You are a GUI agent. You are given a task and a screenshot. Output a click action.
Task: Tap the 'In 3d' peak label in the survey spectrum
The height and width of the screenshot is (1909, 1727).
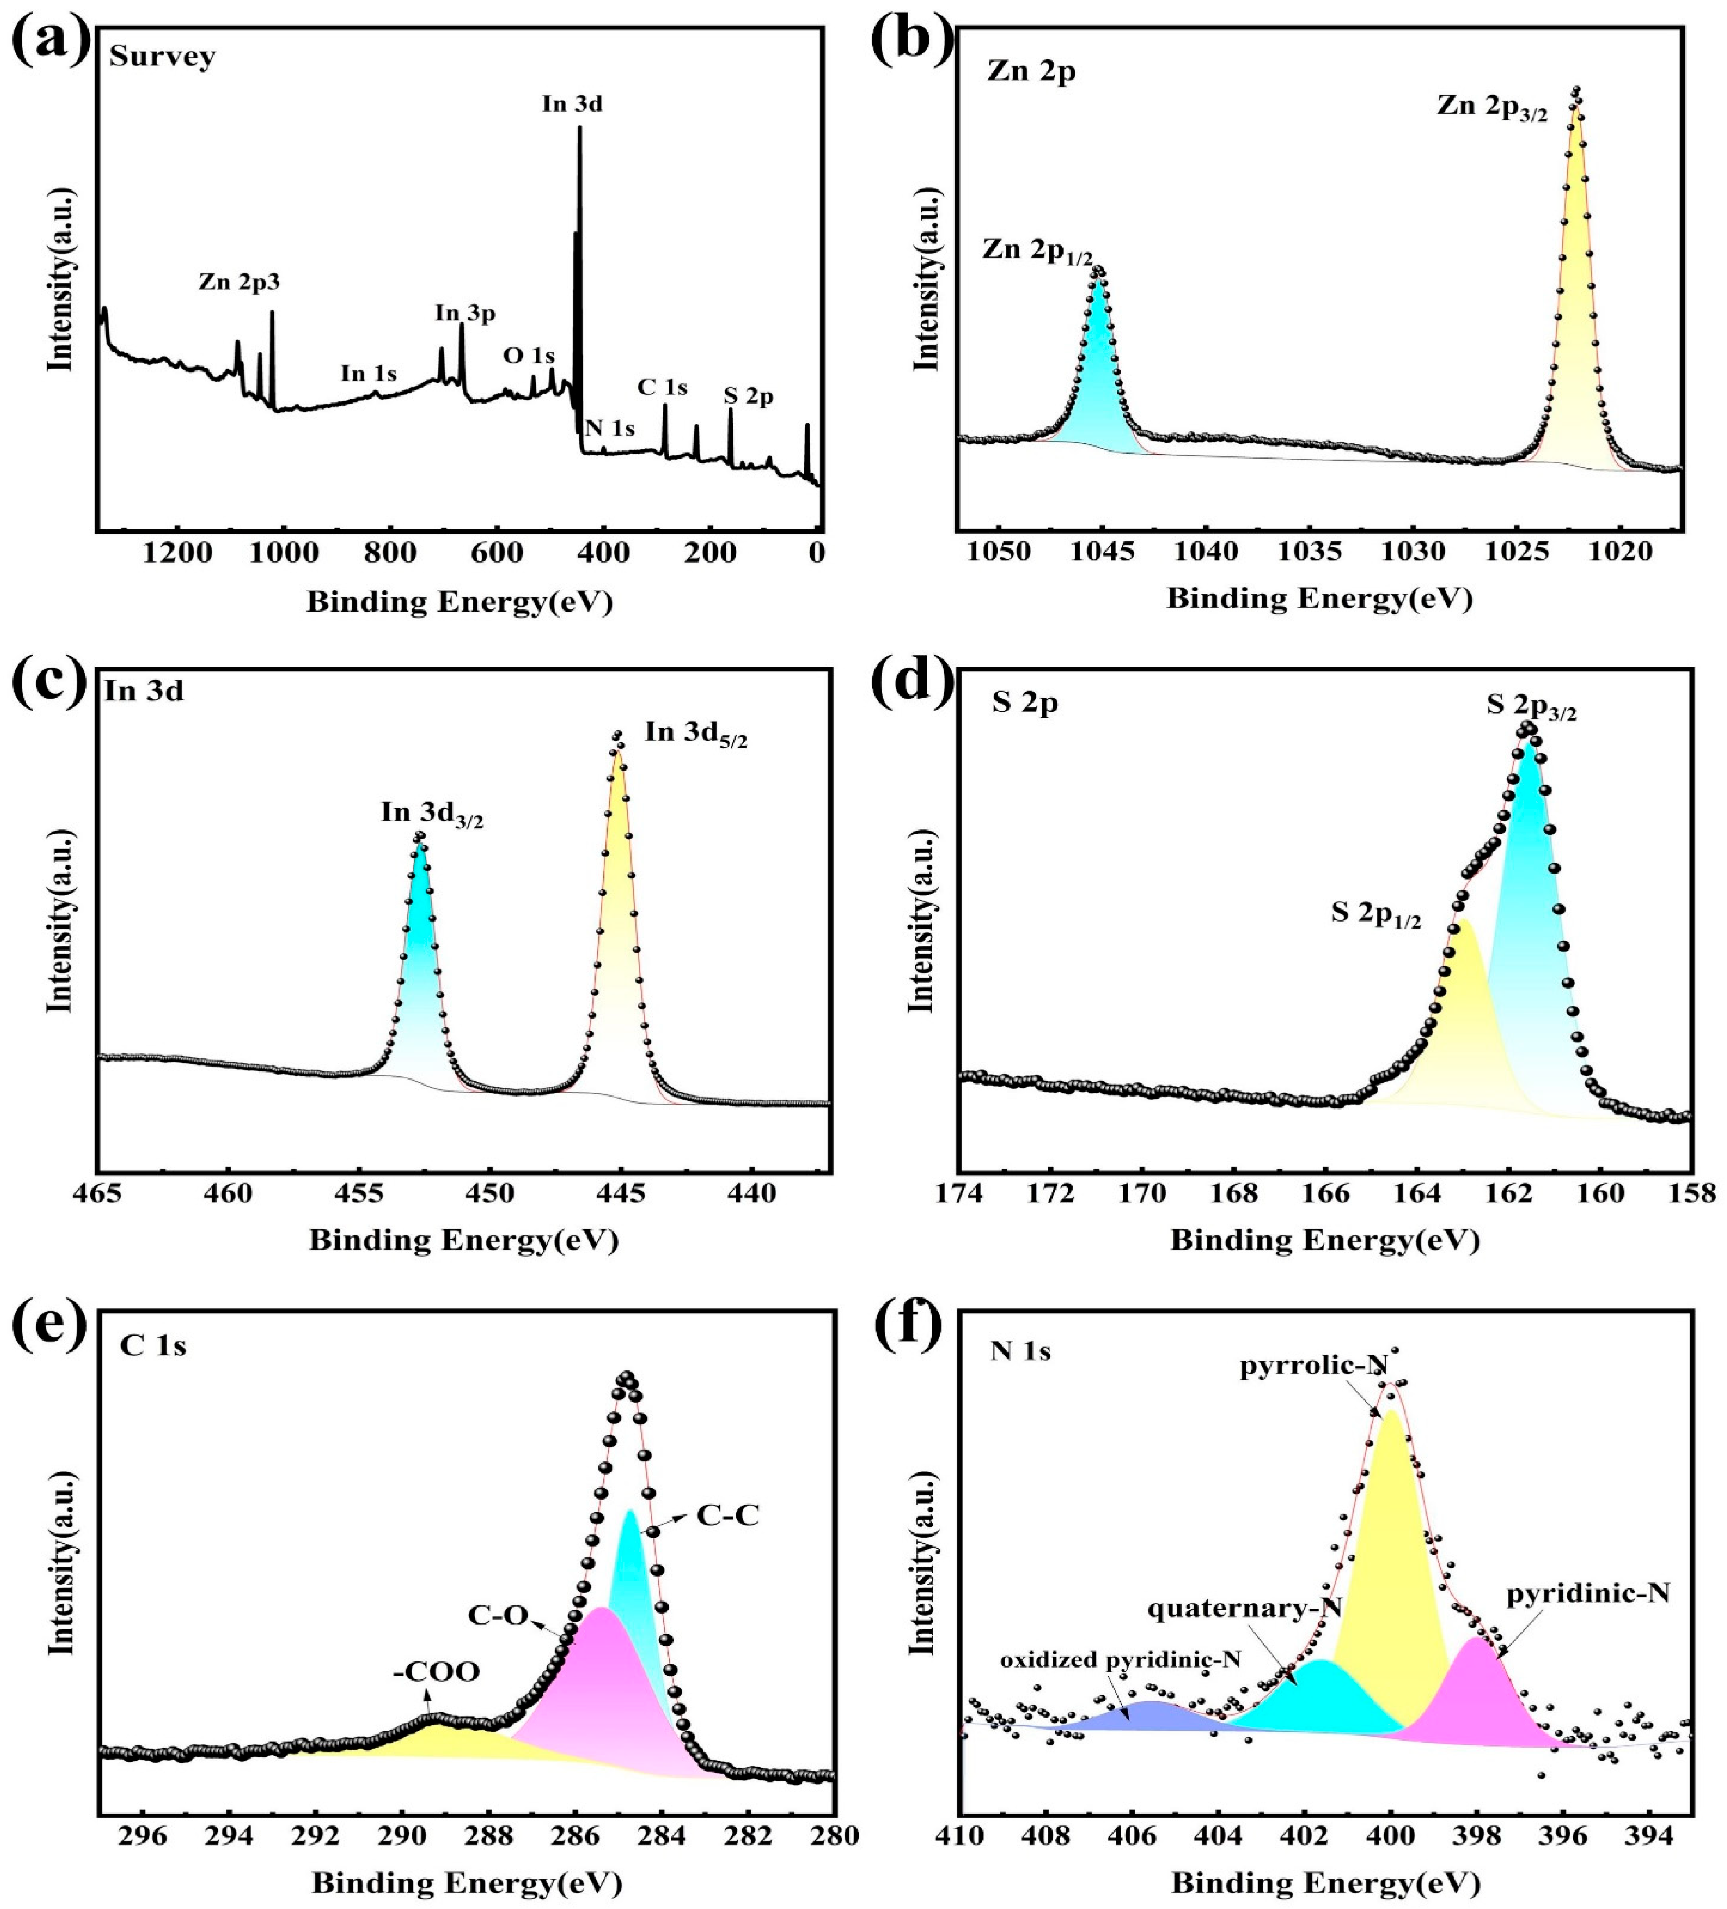point(572,104)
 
